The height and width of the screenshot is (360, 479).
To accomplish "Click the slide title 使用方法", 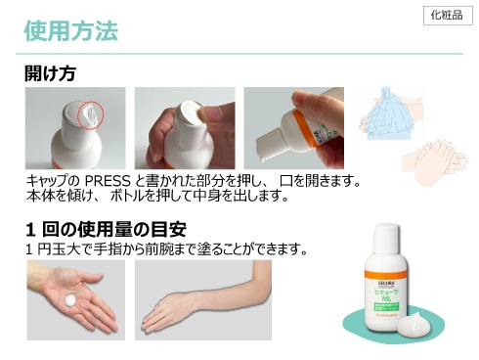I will [x=70, y=31].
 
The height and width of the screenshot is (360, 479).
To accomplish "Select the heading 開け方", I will [x=51, y=74].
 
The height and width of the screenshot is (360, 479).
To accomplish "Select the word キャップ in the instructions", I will [x=50, y=182].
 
